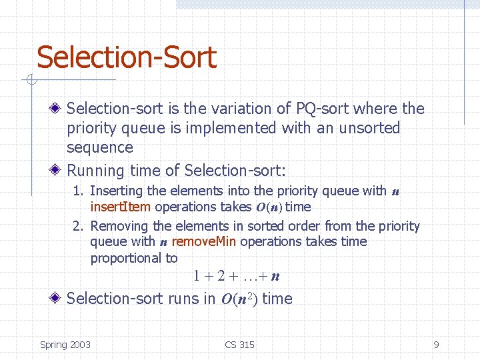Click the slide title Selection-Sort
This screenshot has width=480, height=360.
coord(127,57)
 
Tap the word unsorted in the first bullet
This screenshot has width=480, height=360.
coord(369,127)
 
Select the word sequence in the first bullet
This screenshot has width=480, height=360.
coord(100,147)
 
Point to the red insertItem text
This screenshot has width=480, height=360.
coord(120,207)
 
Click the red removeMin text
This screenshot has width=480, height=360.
coord(204,241)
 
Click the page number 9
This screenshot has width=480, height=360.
coord(436,345)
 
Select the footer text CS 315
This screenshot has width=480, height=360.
coord(239,345)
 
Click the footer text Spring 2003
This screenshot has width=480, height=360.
coord(65,345)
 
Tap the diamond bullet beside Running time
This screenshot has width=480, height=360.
coord(59,170)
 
